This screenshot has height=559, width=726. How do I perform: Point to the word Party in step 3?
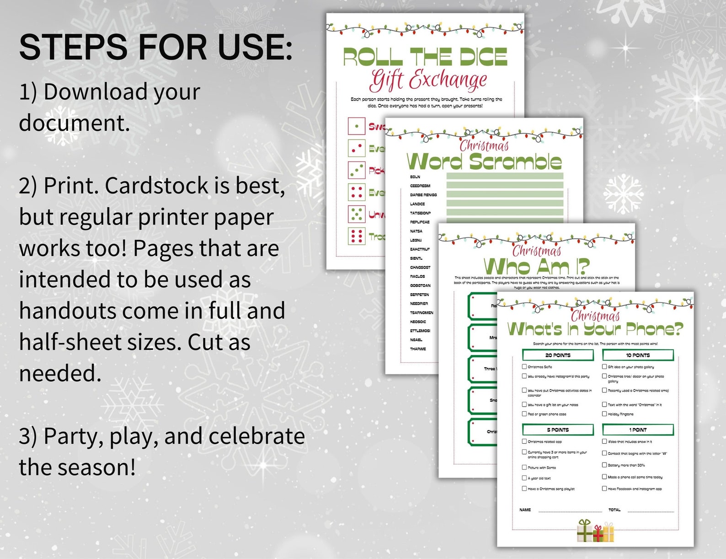point(73,437)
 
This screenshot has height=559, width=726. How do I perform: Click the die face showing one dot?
point(357,126)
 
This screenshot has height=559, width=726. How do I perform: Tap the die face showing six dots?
point(357,236)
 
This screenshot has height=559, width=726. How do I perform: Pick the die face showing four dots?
point(357,192)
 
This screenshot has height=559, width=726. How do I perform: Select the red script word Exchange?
point(448,81)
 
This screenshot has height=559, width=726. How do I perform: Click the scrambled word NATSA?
point(416,231)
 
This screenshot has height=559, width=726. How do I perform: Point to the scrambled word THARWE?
point(418,349)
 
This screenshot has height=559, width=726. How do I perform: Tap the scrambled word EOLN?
point(415,177)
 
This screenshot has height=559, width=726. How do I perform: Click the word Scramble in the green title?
point(515,162)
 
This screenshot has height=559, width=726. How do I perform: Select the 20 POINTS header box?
point(558,355)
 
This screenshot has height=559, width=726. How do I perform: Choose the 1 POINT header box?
point(638,430)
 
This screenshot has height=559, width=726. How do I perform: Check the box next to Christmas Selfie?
point(524,366)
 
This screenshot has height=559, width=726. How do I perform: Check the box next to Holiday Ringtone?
point(604,414)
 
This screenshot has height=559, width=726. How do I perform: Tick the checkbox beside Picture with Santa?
point(524,467)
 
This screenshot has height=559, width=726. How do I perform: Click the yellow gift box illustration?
point(608,533)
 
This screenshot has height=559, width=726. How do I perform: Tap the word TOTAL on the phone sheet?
point(614,510)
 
